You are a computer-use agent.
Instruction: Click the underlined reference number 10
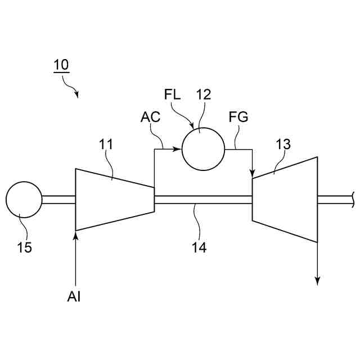pyautogui.click(x=61, y=65)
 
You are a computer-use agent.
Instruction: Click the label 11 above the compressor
pyautogui.click(x=106, y=145)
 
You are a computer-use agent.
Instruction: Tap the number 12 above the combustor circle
pyautogui.click(x=203, y=94)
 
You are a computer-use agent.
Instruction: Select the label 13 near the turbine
pyautogui.click(x=283, y=145)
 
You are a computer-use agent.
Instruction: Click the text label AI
pyautogui.click(x=74, y=296)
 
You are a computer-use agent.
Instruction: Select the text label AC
pyautogui.click(x=150, y=118)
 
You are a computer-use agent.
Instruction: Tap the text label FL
pyautogui.click(x=173, y=94)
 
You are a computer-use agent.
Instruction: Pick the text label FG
pyautogui.click(x=238, y=118)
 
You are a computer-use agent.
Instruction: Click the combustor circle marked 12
pyautogui.click(x=202, y=149)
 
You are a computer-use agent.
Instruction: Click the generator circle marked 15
pyautogui.click(x=24, y=199)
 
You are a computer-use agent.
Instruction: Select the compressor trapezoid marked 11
pyautogui.click(x=114, y=199)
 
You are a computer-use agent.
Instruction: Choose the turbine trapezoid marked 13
pyautogui.click(x=285, y=199)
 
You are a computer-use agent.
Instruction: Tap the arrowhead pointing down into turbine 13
pyautogui.click(x=253, y=171)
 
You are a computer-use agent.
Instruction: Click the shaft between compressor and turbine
pyautogui.click(x=202, y=199)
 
